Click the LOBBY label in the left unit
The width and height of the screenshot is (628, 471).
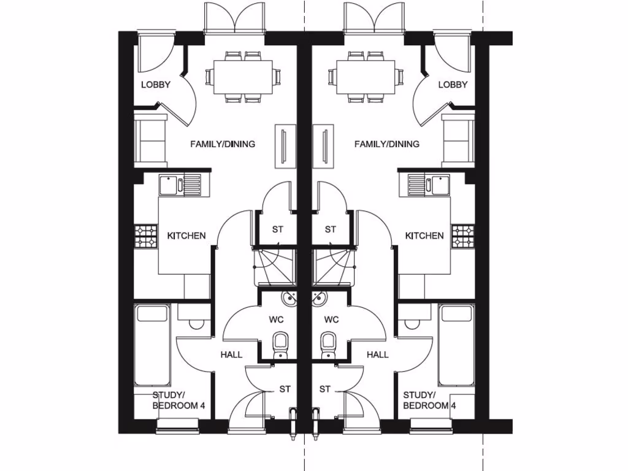[156, 85]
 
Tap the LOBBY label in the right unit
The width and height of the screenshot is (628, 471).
[453, 85]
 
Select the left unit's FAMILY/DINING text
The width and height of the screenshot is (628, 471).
[223, 144]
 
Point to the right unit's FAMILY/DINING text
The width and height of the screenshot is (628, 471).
[387, 144]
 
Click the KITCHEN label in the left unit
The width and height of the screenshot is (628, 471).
[186, 235]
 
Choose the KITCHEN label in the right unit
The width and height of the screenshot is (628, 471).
[424, 235]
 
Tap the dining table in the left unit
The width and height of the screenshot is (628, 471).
[243, 77]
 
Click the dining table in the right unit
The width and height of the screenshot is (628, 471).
[366, 77]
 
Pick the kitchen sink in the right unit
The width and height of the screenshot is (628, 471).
[429, 183]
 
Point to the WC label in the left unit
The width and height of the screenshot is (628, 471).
[275, 320]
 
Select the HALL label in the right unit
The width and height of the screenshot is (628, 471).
[377, 354]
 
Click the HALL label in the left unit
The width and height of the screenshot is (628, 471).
[231, 354]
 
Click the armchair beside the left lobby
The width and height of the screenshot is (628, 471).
[150, 140]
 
